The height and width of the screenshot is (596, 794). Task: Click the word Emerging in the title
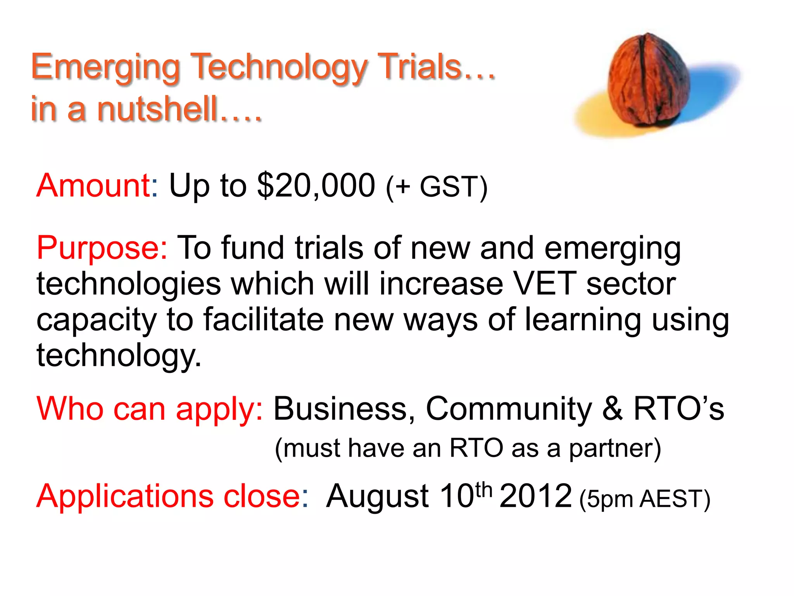point(105,68)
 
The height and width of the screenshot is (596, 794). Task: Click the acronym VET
point(544,284)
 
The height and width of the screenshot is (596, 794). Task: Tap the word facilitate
point(264,319)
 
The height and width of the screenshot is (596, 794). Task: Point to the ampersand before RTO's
point(613,409)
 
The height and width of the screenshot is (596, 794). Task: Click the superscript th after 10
point(483,490)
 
